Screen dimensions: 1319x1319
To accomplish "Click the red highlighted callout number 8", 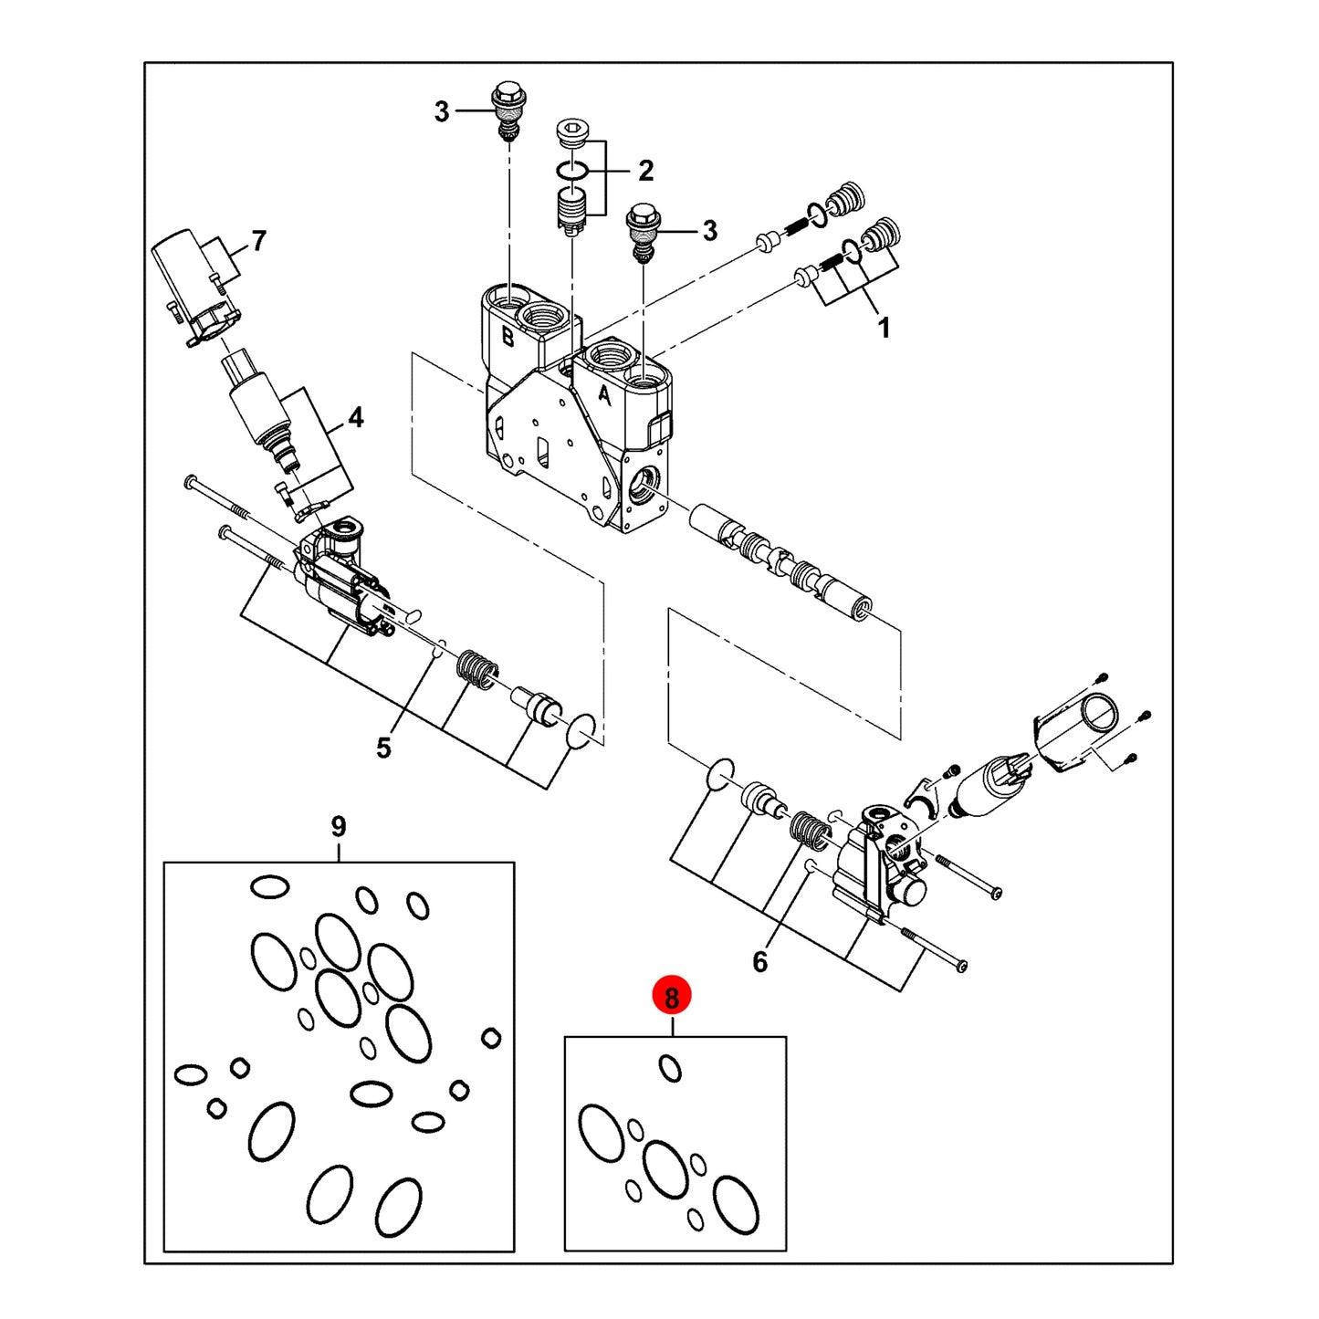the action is pyautogui.click(x=671, y=998).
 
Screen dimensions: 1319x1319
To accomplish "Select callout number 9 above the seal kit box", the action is pyautogui.click(x=339, y=827).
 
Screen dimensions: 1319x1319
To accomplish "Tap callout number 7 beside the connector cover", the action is pyautogui.click(x=258, y=241).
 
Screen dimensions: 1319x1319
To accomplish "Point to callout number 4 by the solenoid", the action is pyautogui.click(x=356, y=417).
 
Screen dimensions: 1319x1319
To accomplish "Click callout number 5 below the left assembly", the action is pyautogui.click(x=384, y=748).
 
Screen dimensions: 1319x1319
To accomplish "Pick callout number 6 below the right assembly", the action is pyautogui.click(x=760, y=962).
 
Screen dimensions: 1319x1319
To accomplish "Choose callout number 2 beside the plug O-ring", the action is pyautogui.click(x=645, y=171).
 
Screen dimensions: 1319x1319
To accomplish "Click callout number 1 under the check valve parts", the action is pyautogui.click(x=885, y=328).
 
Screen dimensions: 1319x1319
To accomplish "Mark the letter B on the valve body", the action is pyautogui.click(x=508, y=336).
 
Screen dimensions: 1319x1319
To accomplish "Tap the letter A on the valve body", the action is pyautogui.click(x=603, y=395).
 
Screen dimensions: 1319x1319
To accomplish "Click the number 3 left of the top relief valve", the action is pyautogui.click(x=442, y=111).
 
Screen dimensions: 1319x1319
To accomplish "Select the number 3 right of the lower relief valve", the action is pyautogui.click(x=710, y=231).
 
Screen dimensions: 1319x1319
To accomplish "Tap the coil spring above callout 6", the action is pyautogui.click(x=811, y=831).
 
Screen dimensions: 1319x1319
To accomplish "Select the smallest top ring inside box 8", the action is pyautogui.click(x=670, y=1068).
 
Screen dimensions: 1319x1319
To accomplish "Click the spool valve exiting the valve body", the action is pyautogui.click(x=781, y=556).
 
